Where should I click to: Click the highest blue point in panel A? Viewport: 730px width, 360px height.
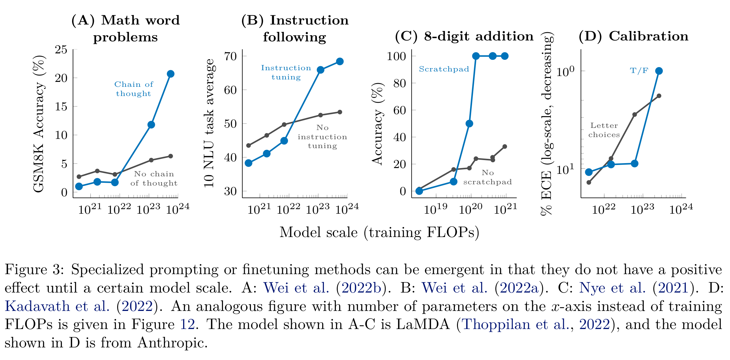pos(171,74)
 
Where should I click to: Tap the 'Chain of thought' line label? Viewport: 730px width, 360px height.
pos(134,89)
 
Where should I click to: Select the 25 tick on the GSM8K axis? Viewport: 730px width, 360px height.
pos(61,49)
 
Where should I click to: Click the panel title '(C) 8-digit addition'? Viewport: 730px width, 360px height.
pos(464,36)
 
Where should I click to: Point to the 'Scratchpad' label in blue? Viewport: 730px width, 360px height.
pos(444,69)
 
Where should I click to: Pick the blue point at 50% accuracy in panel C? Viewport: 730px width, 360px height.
pos(469,124)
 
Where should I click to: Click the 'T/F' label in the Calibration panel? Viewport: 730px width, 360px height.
pos(639,71)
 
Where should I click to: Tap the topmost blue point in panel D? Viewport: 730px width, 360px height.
pos(659,71)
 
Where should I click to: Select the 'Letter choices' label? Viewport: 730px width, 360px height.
pos(604,130)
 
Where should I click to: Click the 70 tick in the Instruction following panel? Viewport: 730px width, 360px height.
pos(230,56)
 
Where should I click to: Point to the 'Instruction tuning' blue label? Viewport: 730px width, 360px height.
pos(286,72)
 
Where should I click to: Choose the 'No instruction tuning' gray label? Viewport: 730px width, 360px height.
pos(322,137)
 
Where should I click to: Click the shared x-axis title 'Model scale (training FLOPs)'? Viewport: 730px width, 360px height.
pos(379,232)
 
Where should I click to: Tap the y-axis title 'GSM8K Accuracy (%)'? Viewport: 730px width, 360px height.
pos(39,124)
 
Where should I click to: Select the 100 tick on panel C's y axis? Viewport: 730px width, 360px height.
pos(396,56)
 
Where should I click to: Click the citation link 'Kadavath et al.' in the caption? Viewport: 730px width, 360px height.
pos(57,306)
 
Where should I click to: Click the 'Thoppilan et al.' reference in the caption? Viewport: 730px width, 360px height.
pos(515,324)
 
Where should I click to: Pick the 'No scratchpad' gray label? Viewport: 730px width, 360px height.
pos(487,178)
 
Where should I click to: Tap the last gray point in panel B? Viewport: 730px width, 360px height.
pos(340,112)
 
